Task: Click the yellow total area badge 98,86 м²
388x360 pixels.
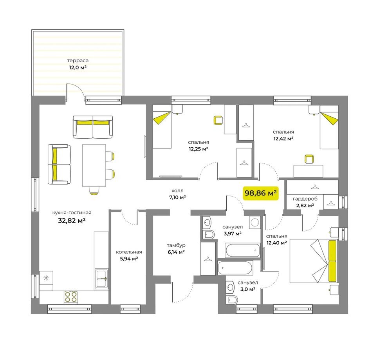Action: [x=261, y=193]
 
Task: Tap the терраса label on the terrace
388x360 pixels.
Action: [x=78, y=60]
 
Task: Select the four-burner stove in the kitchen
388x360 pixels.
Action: [x=71, y=297]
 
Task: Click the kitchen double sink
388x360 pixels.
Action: [x=102, y=279]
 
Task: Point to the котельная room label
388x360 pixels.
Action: [x=129, y=252]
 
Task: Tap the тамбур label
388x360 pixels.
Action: [x=176, y=245]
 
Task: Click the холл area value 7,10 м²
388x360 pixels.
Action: [x=177, y=197]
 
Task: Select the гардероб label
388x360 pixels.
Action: [x=305, y=199]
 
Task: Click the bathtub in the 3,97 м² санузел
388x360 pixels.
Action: [x=242, y=250]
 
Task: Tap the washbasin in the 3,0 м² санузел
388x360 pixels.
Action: [x=230, y=287]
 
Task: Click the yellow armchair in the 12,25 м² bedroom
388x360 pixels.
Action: [x=218, y=120]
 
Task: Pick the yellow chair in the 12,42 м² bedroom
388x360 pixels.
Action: [x=309, y=159]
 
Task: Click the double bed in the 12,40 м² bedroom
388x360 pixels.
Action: [x=314, y=261]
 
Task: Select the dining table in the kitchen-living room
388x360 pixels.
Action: [x=94, y=165]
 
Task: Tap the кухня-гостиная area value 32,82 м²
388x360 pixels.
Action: [x=72, y=221]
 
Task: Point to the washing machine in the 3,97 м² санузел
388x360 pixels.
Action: [x=254, y=222]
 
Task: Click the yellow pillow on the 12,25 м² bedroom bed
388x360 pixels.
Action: [x=161, y=118]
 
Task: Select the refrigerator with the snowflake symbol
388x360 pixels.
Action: [x=46, y=280]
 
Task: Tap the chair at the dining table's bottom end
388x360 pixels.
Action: [x=94, y=191]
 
